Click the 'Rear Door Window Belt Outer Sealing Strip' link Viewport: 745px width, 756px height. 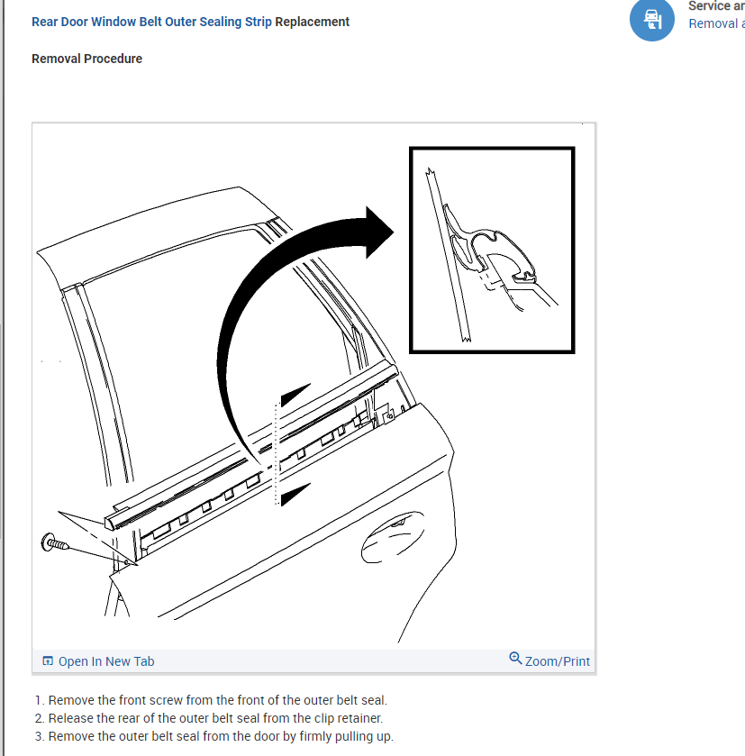pyautogui.click(x=151, y=22)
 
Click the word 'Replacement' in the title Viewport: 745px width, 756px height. pyautogui.click(x=313, y=22)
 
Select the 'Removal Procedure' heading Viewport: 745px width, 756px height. pyautogui.click(x=86, y=59)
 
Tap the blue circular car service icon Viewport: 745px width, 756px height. pyautogui.click(x=651, y=20)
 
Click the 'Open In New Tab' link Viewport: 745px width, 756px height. pyautogui.click(x=106, y=661)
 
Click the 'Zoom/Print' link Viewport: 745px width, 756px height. pyautogui.click(x=557, y=661)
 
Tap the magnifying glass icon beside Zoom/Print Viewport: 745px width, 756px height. pyautogui.click(x=515, y=659)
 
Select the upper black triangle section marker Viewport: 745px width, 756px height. pyautogui.click(x=295, y=396)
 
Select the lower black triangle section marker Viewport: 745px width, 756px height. pyautogui.click(x=295, y=494)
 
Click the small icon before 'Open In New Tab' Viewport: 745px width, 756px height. pyautogui.click(x=48, y=661)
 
